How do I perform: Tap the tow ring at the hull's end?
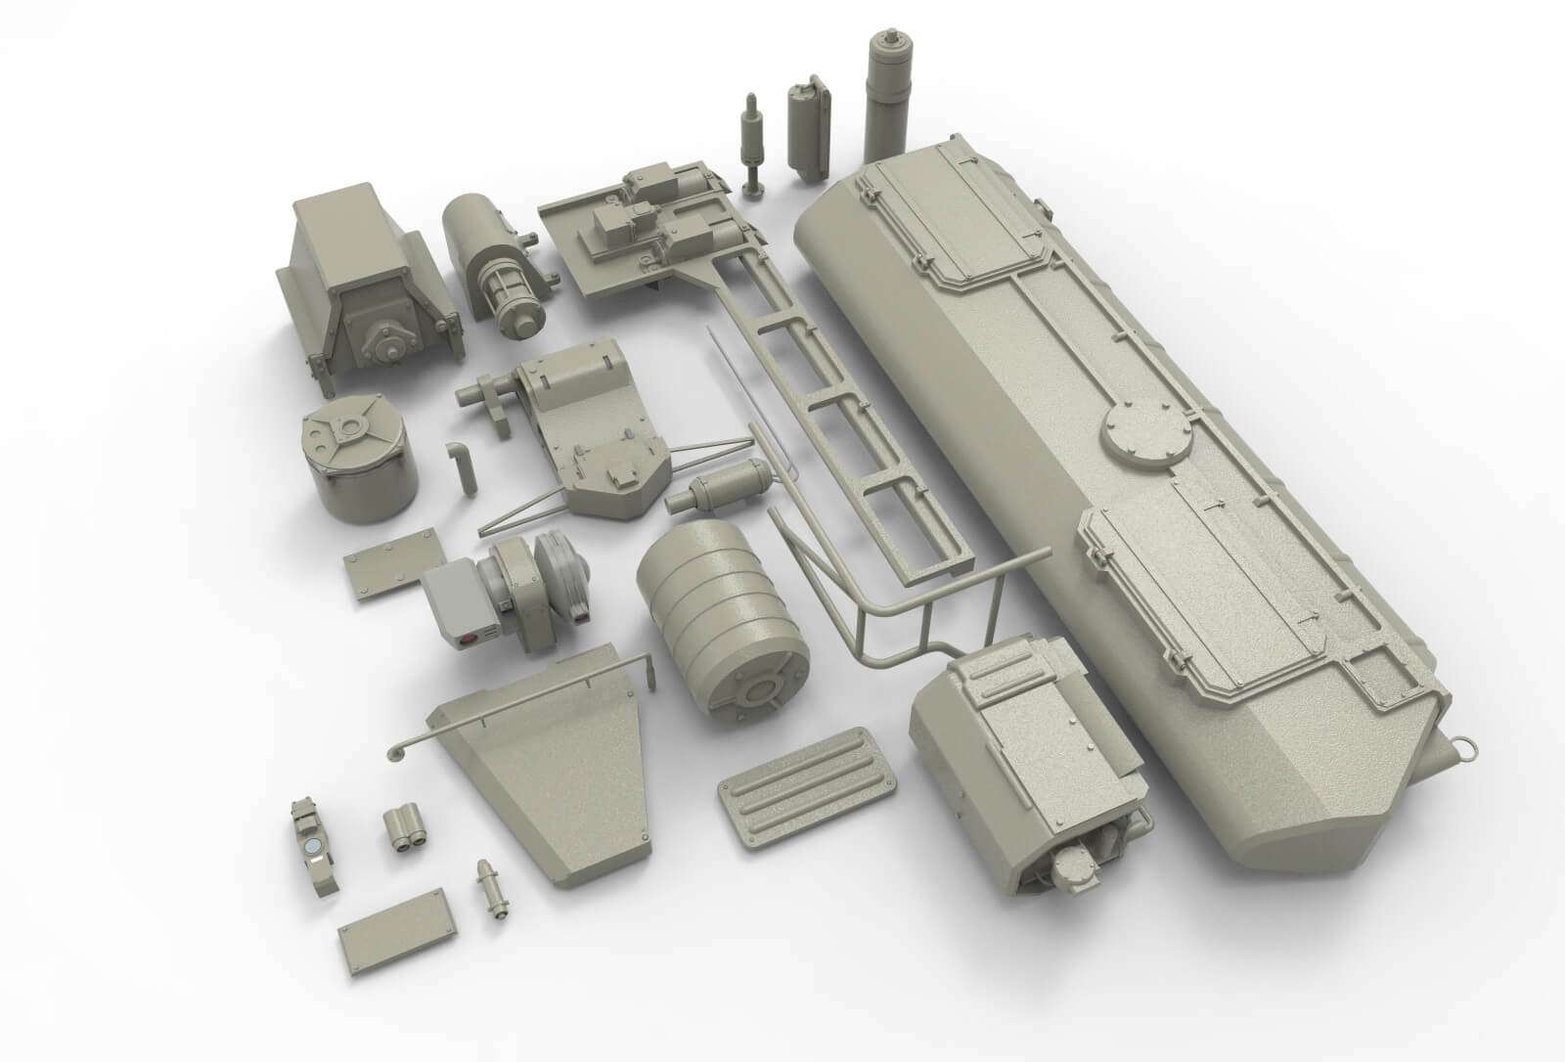(1466, 746)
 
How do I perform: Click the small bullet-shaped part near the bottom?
(491, 888)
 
